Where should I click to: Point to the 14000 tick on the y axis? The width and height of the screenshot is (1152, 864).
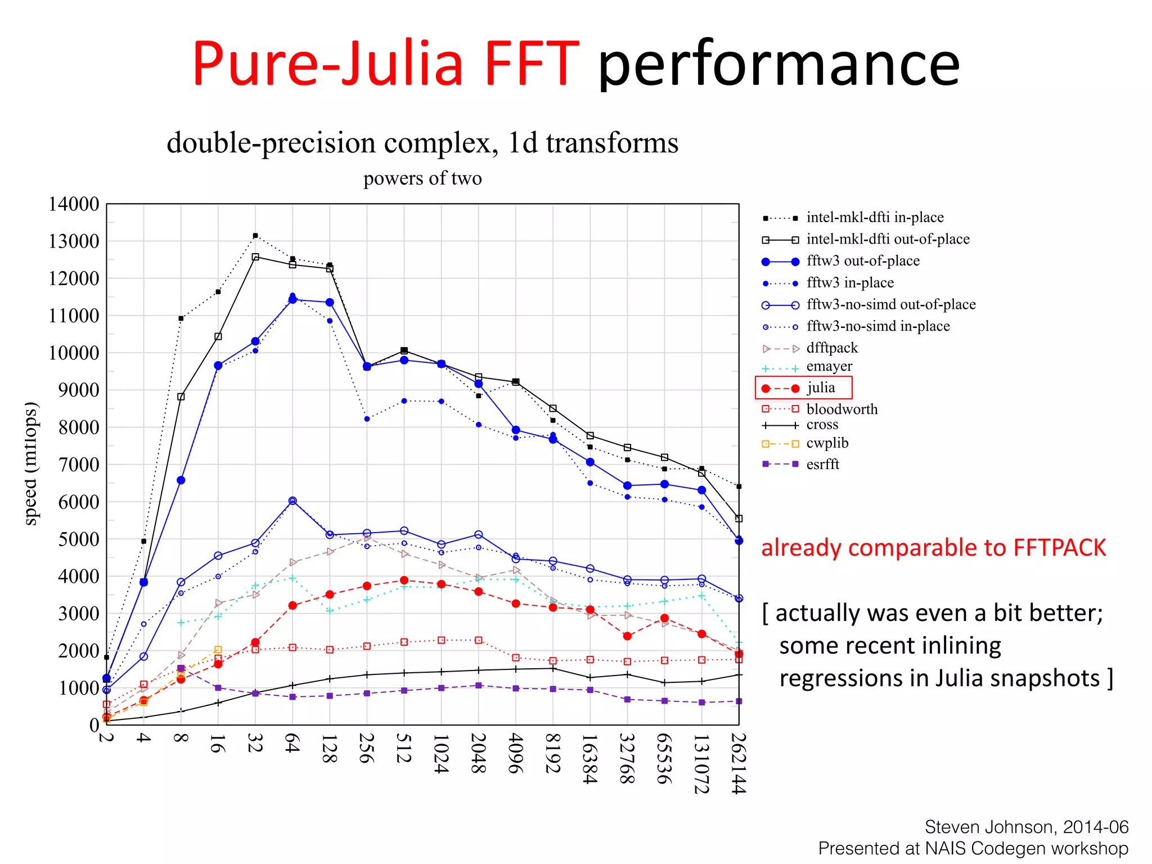[74, 204]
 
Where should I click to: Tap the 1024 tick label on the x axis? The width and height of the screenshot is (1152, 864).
[441, 753]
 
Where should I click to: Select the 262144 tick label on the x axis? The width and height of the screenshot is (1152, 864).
[739, 763]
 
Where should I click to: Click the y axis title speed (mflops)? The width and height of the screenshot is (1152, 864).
[31, 464]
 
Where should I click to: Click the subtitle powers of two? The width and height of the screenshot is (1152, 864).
[422, 178]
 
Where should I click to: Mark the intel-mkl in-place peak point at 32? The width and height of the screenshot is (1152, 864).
[255, 236]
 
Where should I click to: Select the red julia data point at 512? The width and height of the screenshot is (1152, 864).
[404, 580]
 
